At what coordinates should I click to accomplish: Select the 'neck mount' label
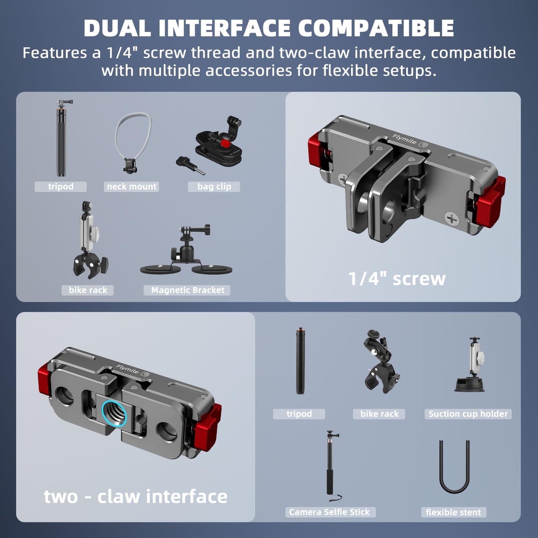[x=131, y=187]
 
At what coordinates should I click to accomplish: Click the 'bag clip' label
[x=214, y=187]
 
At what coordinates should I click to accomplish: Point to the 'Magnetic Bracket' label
[x=187, y=290]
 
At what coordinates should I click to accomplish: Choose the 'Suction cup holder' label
[x=468, y=414]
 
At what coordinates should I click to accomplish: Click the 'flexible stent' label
[x=454, y=512]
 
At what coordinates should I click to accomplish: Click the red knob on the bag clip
[x=224, y=143]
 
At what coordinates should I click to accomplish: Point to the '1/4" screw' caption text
[x=397, y=279]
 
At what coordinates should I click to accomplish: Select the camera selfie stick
[x=332, y=466]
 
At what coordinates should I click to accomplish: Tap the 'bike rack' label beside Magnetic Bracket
[x=87, y=290]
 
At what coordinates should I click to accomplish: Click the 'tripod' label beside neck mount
[x=61, y=187]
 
